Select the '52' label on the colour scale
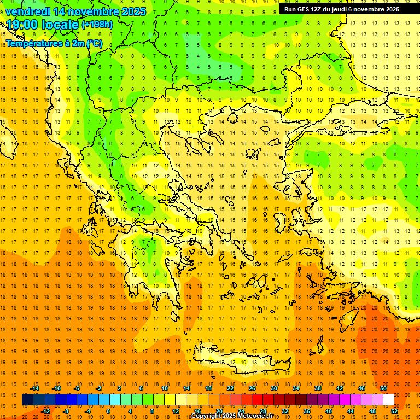click(394, 411)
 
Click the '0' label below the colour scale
click(108, 411)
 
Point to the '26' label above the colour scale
click(252, 388)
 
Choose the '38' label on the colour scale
click(317, 388)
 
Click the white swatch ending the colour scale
click(388, 400)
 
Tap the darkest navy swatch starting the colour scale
click(27, 400)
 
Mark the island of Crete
click(241, 361)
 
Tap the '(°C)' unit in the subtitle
click(92, 43)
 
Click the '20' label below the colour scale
click(219, 411)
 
